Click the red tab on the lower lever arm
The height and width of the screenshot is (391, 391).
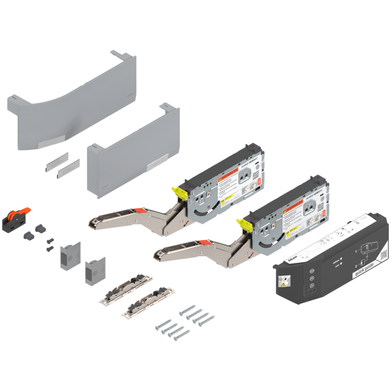pos(204,242)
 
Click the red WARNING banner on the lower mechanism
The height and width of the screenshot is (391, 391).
pos(293,209)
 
